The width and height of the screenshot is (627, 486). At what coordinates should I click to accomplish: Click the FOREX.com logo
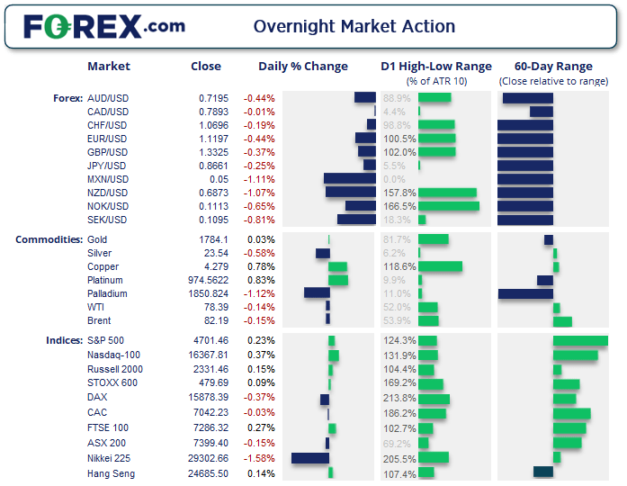point(103,26)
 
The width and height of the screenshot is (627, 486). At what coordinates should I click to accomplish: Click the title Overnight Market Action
point(354,26)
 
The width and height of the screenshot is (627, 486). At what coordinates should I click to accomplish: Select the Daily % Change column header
point(302,66)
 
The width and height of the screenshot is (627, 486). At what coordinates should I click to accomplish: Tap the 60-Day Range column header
point(552,66)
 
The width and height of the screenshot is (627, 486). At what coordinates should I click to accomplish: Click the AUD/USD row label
point(107,97)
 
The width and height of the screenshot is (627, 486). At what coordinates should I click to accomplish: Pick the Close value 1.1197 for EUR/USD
point(213,139)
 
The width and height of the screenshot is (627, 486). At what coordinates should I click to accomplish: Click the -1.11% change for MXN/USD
point(259,179)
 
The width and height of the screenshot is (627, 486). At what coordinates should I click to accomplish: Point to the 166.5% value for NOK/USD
point(399,206)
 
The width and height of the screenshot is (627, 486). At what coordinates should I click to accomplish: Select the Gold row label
point(98,239)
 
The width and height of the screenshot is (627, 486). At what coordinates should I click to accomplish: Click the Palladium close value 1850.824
point(209,293)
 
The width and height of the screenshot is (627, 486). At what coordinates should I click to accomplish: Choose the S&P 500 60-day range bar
point(580,340)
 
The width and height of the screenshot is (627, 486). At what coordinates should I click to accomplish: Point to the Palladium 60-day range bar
point(525,293)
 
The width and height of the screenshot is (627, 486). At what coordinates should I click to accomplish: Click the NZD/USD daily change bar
point(350,193)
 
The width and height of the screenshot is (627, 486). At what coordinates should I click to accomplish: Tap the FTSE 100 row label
point(107,428)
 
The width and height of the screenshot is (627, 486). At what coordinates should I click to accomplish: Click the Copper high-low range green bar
point(440,266)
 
